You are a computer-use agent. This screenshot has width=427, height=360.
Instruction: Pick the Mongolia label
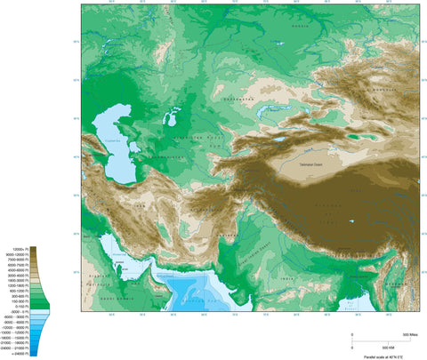point(384,88)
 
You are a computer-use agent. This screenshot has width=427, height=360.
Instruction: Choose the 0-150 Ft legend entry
point(23,302)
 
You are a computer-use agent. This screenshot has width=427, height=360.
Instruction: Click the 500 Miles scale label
point(410,332)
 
